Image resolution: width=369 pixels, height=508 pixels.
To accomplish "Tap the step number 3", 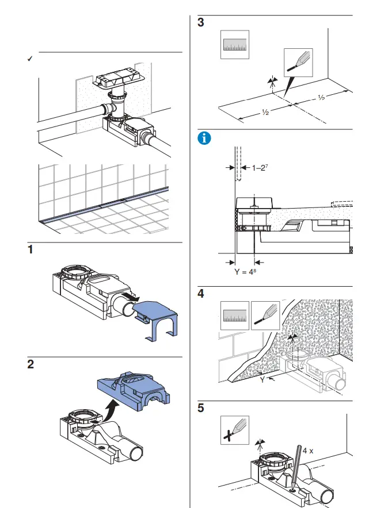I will [201, 24].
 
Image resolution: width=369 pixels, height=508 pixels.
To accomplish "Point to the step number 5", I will [201, 410].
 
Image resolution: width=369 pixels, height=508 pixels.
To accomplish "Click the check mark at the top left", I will [30, 59].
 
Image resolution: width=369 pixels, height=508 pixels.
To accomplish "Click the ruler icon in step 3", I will [235, 46].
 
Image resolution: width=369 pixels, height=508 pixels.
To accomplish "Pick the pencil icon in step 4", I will [265, 315].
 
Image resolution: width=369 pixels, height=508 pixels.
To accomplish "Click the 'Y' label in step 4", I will [263, 379].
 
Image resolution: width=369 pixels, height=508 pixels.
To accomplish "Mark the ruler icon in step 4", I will [235, 315].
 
